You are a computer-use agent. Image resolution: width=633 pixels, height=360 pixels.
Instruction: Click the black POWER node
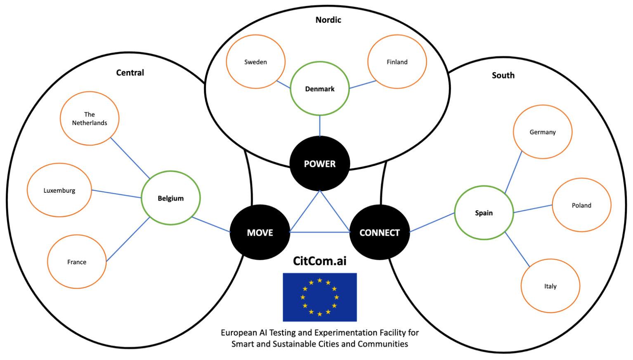320,163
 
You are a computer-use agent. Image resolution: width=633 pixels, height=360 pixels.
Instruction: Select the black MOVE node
260,232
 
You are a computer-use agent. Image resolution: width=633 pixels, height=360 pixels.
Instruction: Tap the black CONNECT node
380,232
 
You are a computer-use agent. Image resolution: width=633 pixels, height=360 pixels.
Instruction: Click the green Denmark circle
320,89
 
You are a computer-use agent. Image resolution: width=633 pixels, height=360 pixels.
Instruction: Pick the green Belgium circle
171,198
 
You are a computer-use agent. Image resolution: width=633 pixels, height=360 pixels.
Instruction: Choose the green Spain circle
484,213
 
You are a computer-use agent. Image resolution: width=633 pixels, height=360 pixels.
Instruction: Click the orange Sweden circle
256,62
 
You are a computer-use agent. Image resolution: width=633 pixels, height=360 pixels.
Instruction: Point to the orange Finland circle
397,62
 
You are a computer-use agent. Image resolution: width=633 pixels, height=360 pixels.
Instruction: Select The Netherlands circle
90,118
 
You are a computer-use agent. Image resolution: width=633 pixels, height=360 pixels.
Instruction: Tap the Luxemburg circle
59,190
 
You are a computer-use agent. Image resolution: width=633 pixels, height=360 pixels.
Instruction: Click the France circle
77,262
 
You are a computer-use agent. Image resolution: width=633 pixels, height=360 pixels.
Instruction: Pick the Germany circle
543,132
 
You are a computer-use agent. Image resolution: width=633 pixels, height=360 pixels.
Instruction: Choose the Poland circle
581,205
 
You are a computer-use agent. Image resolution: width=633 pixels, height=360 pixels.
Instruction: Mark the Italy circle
550,286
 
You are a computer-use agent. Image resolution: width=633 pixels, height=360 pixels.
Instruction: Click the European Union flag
320,297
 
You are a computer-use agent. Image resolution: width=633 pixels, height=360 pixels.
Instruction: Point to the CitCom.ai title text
320,261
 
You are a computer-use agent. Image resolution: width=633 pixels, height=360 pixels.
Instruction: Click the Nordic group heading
328,20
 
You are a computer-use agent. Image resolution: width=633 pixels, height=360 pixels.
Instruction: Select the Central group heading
130,73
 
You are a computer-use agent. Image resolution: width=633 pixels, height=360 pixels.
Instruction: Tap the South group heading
503,75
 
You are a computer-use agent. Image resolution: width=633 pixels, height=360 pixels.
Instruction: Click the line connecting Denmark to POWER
320,126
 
